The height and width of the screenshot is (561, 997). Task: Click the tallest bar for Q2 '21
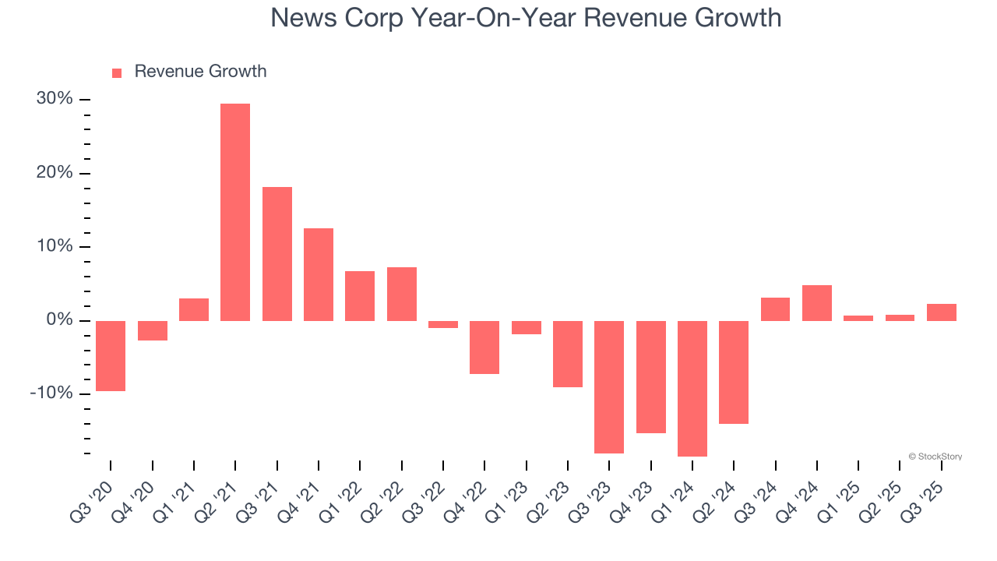pos(235,212)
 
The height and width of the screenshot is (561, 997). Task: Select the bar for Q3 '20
pos(111,355)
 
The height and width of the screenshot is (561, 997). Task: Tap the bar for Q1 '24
pos(692,388)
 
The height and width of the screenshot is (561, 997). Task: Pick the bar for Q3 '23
pos(609,386)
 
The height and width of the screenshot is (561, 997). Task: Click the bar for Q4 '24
pos(817,303)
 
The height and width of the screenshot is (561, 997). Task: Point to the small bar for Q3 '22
pos(443,324)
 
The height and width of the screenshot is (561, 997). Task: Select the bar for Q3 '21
pos(277,254)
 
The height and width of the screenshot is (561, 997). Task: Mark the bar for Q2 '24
pos(734,372)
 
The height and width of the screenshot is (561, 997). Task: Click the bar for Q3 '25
pos(942,312)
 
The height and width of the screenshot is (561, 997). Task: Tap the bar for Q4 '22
pos(484,347)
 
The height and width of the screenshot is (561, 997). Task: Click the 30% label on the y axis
pos(55,99)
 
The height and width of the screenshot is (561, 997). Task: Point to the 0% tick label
pos(59,320)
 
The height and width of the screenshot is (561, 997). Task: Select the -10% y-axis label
pos(51,393)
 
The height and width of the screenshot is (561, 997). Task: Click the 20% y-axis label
pos(55,173)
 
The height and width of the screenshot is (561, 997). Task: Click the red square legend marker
pos(117,73)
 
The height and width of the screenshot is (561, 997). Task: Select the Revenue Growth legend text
pos(200,72)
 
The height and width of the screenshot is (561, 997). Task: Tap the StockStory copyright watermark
pos(935,457)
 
